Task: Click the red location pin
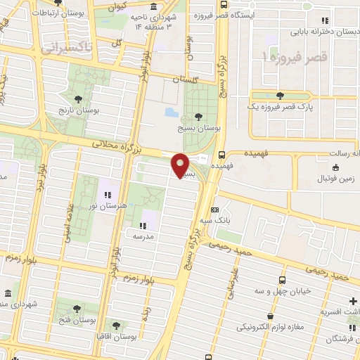(x=181, y=165)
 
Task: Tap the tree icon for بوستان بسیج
(x=198, y=117)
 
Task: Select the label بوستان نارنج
(x=83, y=110)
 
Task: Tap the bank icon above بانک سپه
(x=214, y=209)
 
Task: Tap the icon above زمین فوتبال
(x=335, y=167)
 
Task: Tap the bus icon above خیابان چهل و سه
(x=283, y=279)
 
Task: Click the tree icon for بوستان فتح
(x=76, y=307)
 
